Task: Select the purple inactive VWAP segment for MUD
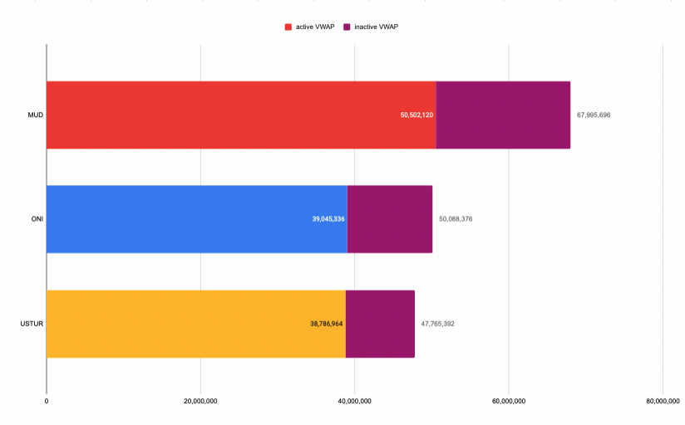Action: pos(503,115)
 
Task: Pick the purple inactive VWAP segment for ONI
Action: pos(390,219)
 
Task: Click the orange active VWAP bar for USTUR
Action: pos(175,324)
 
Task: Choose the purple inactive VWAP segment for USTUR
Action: pos(380,324)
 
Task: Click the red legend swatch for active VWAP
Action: pos(288,27)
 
